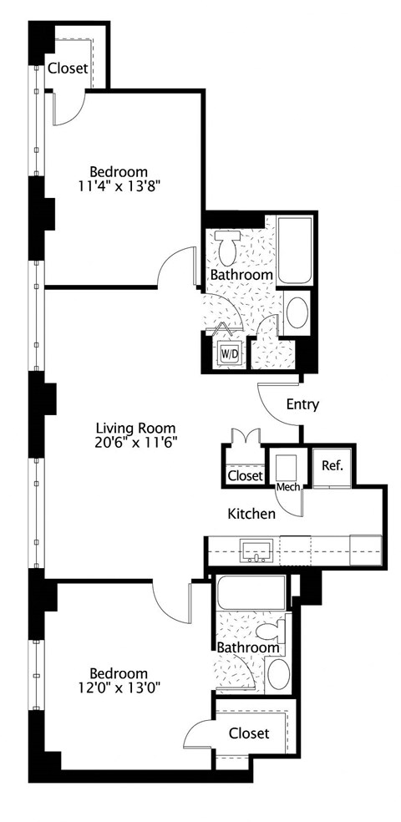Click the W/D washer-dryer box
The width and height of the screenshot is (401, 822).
pyautogui.click(x=228, y=354)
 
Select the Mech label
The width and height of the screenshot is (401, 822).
pyautogui.click(x=288, y=487)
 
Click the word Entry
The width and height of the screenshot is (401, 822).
pyautogui.click(x=302, y=404)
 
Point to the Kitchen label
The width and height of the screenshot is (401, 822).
pyautogui.click(x=251, y=514)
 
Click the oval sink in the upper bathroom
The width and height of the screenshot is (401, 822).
pyautogui.click(x=296, y=314)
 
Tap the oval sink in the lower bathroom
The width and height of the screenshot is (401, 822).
pyautogui.click(x=277, y=674)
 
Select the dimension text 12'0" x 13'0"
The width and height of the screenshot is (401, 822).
pyautogui.click(x=119, y=688)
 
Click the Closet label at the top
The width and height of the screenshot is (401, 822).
pyautogui.click(x=67, y=68)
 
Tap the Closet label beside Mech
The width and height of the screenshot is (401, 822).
pyautogui.click(x=246, y=475)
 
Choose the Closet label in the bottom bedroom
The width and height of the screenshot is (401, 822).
pyautogui.click(x=249, y=733)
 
